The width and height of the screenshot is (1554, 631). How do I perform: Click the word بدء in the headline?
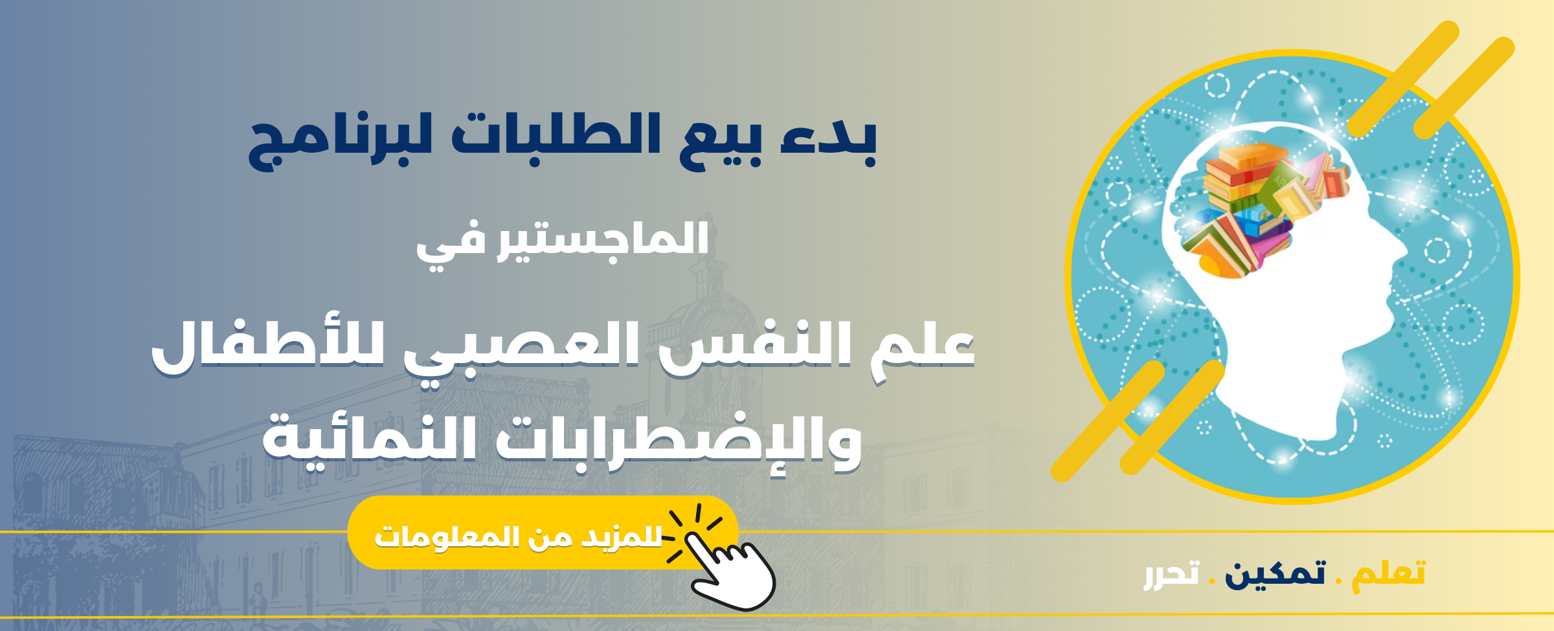pyautogui.click(x=828, y=140)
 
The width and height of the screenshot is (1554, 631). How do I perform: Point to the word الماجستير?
pyautogui.click(x=603, y=239)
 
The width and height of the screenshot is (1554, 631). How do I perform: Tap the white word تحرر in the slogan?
pyautogui.click(x=1171, y=575)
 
